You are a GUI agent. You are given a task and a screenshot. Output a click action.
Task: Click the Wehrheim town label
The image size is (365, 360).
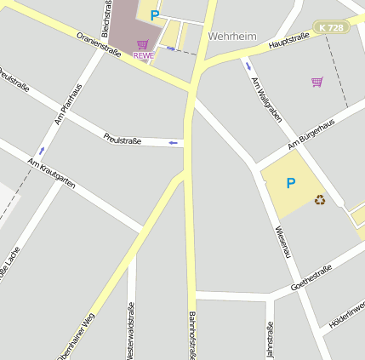232,37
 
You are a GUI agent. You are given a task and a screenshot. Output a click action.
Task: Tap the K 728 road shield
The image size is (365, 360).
331,28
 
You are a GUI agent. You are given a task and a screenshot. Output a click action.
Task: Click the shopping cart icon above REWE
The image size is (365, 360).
142,44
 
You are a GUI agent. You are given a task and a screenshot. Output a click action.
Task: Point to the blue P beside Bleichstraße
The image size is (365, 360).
154,14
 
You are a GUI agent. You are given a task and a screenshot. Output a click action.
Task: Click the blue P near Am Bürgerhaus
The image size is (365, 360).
291,183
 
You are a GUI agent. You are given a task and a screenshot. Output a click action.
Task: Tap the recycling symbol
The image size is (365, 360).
320,200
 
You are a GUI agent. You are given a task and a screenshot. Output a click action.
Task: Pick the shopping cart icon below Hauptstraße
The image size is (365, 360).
317,82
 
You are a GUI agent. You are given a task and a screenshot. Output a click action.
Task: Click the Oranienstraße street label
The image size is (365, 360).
99,46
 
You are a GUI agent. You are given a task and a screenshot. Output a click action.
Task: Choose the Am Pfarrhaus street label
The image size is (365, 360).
68,105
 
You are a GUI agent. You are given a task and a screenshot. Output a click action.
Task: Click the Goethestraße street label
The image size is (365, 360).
311,275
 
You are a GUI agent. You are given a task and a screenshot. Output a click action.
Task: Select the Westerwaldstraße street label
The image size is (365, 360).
131,330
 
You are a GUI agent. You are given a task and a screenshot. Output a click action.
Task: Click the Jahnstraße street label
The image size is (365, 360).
271,339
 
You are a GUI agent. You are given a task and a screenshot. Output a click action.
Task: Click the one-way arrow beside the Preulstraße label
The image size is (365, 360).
174,143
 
